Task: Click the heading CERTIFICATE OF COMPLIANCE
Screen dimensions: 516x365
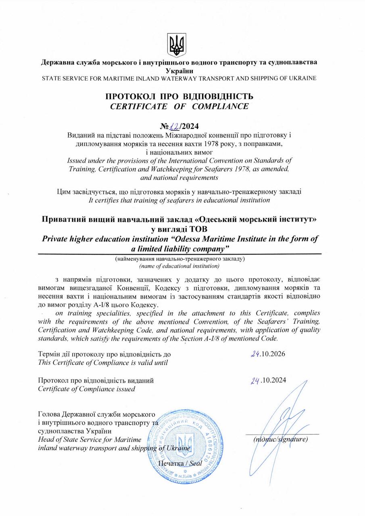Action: [179, 107]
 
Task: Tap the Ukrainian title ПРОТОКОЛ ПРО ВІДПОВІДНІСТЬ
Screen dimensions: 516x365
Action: [179, 97]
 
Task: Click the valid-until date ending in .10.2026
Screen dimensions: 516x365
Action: [268, 355]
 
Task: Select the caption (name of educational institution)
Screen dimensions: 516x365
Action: [179, 266]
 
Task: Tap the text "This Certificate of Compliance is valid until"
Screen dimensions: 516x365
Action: [102, 362]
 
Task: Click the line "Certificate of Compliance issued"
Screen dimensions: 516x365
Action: [86, 389]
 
